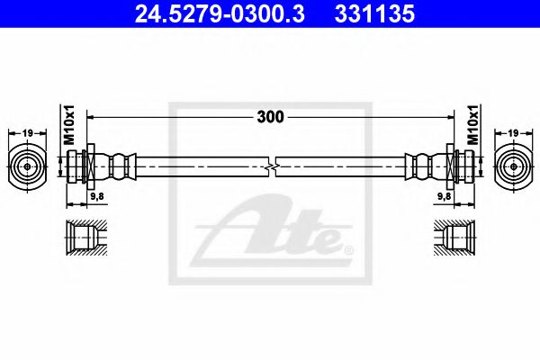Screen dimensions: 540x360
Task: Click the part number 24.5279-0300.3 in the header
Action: [220, 14]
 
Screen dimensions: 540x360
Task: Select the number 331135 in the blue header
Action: [374, 14]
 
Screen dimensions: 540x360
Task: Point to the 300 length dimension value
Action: [270, 117]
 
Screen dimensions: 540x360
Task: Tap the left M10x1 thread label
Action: [69, 124]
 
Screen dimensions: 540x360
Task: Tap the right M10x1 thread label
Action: [472, 124]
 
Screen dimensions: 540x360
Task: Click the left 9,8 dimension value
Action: [97, 196]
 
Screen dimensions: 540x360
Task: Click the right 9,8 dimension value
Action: [445, 196]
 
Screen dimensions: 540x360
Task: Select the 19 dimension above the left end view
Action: [27, 132]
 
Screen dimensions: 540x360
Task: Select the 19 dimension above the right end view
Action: [513, 132]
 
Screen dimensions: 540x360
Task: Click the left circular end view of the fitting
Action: [27, 166]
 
